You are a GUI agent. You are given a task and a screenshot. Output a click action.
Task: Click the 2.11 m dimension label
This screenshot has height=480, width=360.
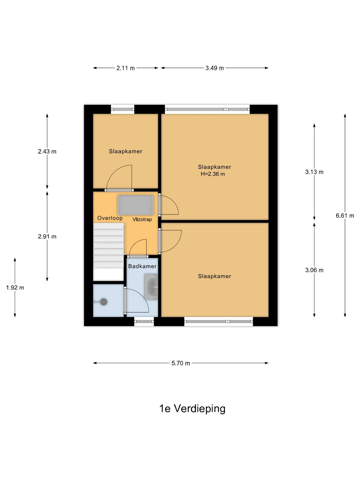[125, 68]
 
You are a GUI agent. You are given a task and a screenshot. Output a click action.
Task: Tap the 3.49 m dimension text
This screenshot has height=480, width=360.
[214, 68]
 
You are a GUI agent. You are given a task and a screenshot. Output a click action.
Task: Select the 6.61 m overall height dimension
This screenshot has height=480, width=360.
[345, 216]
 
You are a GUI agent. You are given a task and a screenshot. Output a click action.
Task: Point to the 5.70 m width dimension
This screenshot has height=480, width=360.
[181, 363]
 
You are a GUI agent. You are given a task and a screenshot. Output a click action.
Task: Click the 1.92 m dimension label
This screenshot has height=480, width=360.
[15, 288]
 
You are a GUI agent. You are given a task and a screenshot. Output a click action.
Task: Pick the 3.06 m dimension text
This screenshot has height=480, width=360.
[314, 270]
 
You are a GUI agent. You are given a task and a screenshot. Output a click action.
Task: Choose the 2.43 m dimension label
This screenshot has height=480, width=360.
[47, 151]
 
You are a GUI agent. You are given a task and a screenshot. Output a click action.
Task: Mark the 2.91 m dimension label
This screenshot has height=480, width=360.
[47, 236]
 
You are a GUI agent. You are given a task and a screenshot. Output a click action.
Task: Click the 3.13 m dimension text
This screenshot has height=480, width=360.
[314, 172]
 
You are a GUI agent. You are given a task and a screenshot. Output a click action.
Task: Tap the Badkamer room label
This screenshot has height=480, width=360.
[142, 266]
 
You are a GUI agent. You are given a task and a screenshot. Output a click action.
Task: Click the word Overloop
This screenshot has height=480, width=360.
[110, 218]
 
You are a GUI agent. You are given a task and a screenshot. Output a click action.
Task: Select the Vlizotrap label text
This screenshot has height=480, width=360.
[142, 219]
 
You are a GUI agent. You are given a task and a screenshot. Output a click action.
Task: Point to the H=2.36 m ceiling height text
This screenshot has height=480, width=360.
[213, 174]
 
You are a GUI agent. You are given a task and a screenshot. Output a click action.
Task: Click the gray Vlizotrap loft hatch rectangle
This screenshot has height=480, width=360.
[136, 205]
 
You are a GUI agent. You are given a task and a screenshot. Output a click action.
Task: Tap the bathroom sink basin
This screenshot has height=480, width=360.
[151, 287]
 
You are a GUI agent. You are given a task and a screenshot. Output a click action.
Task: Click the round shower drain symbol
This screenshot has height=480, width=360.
[103, 302]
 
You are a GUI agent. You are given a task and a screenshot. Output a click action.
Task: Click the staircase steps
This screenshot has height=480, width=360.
[109, 252]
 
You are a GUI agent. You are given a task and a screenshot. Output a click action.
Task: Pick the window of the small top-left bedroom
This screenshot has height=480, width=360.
[122, 109]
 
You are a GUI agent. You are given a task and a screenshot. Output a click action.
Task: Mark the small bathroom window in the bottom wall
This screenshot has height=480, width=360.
[144, 321]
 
